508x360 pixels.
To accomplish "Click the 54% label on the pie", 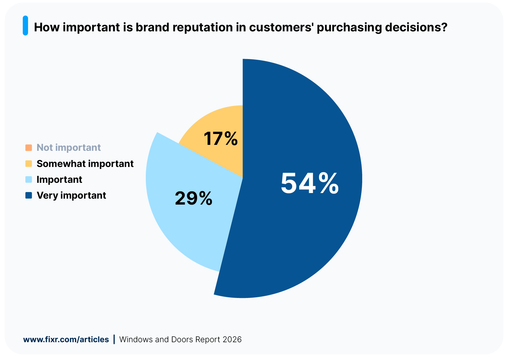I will tap(309, 184).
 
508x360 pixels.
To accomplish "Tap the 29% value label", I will tap(194, 199).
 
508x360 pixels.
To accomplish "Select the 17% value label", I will tap(220, 139).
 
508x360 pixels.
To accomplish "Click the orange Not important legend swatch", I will tap(29, 147).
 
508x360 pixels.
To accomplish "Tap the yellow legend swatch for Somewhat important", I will tap(29, 164).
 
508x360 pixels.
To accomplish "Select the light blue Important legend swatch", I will tap(29, 180).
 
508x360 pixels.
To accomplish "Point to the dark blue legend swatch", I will tap(29, 195).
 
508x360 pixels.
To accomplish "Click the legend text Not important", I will tap(69, 147).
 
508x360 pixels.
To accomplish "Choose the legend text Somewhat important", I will tap(85, 164).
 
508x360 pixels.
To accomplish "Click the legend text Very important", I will tap(71, 195).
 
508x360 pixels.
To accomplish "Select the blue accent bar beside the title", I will tap(25, 26).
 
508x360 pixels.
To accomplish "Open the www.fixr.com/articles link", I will tap(66, 340).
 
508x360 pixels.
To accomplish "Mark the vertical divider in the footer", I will tap(114, 339).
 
